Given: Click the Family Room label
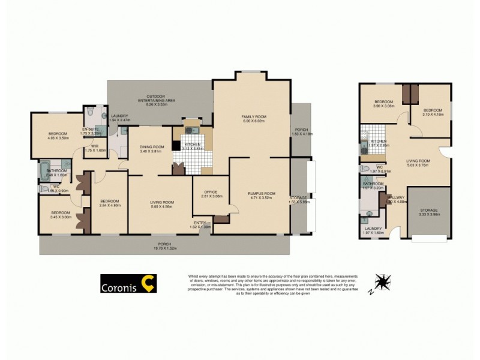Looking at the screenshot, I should pos(254,118).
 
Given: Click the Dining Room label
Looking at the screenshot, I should pos(151,149).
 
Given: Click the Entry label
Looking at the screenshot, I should pos(200,224).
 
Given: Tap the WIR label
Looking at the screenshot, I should pos(95,148).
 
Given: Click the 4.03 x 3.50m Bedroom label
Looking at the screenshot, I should pos(58,135).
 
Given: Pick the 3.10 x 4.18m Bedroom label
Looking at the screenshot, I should pos(432,113).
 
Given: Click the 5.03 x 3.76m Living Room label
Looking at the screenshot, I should pos(418,163).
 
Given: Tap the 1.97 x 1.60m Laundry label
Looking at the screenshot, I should pos(372,230).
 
